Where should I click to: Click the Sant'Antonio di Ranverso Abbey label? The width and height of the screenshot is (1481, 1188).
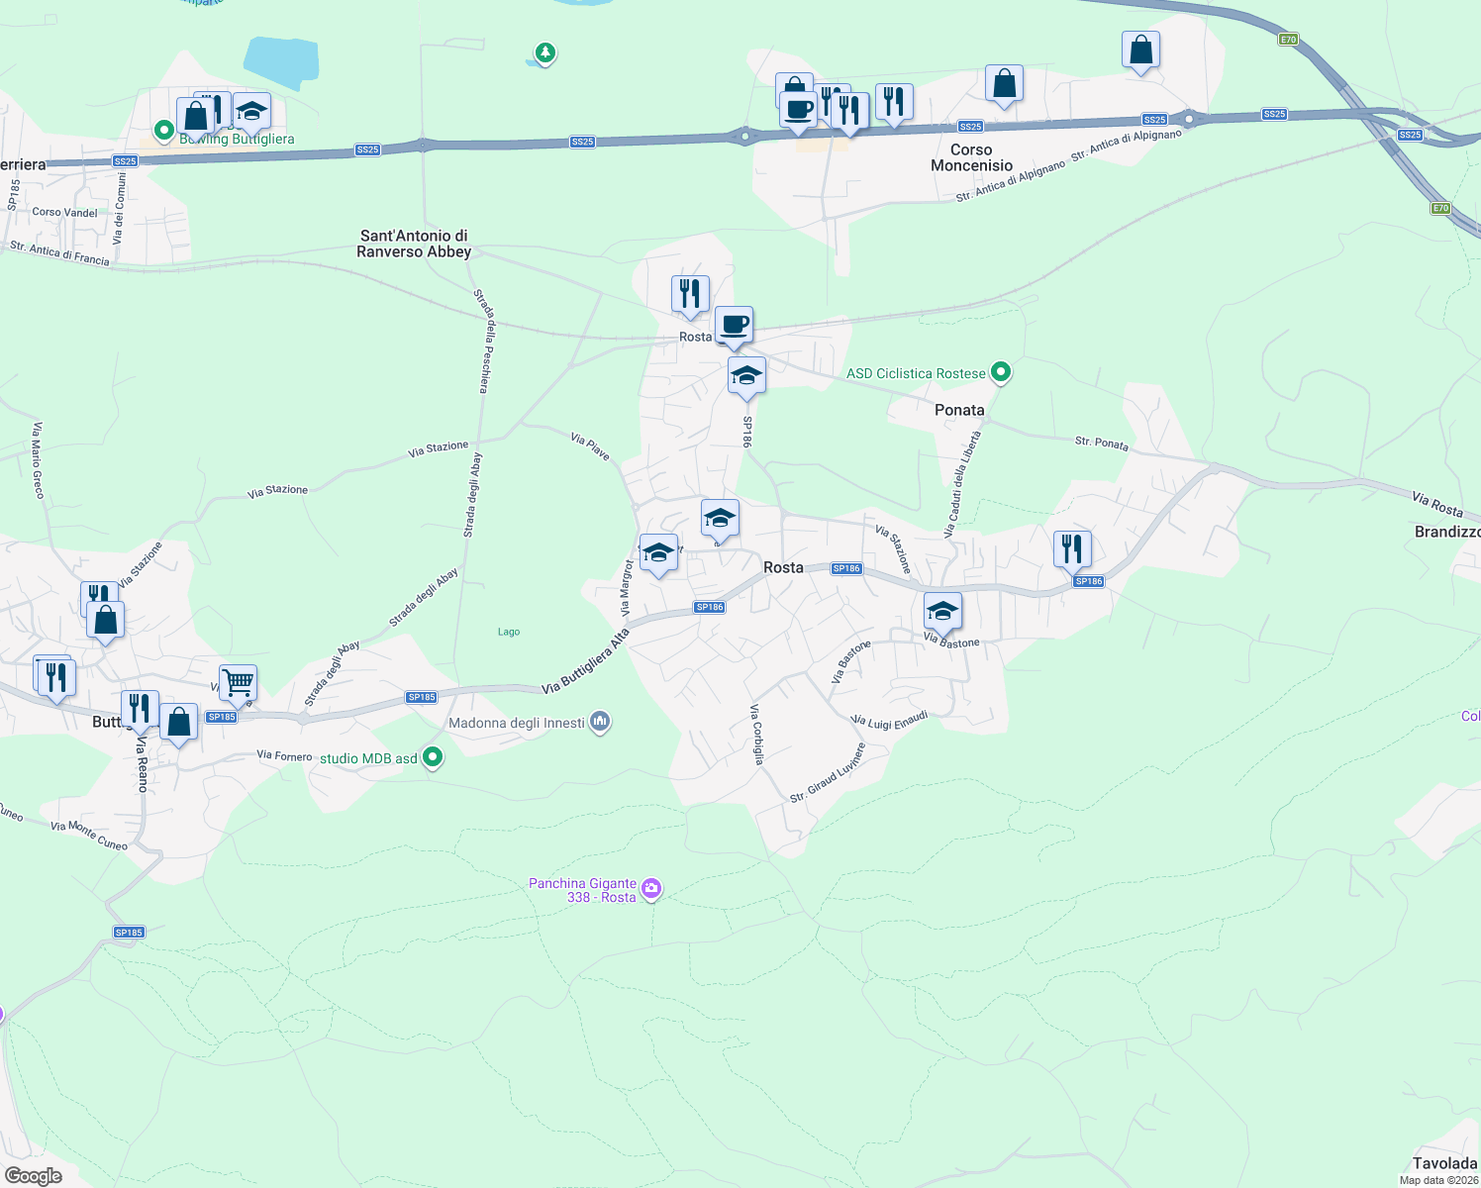tap(414, 244)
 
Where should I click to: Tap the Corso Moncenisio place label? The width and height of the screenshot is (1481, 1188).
tap(971, 157)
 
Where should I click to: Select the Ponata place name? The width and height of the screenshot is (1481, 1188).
tap(959, 410)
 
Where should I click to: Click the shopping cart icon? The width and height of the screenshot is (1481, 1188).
tap(238, 681)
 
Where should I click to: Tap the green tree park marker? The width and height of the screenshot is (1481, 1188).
tap(544, 51)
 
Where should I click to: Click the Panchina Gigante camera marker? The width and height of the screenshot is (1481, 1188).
tap(651, 888)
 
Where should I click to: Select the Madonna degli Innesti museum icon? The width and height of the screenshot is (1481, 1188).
tap(600, 723)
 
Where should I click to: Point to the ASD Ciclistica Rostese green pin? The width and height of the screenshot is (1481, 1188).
tap(1001, 372)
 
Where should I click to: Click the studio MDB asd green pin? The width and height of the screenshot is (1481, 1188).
tap(433, 758)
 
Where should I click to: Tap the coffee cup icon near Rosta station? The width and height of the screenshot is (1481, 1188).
tap(734, 325)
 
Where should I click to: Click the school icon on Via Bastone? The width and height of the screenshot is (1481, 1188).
tap(942, 611)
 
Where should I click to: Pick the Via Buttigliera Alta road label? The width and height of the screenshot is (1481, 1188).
tap(585, 661)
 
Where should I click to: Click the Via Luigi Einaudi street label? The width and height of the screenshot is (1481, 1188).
tap(890, 720)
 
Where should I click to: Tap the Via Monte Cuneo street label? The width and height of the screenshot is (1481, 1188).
tap(89, 836)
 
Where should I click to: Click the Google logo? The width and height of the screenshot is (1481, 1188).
tap(34, 1175)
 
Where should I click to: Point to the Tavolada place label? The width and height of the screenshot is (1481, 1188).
tap(1444, 1163)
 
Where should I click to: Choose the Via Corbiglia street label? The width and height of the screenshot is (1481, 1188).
tap(757, 734)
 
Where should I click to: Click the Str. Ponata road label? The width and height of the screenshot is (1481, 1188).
tap(1102, 443)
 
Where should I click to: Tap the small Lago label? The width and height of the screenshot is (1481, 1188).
tap(509, 632)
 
